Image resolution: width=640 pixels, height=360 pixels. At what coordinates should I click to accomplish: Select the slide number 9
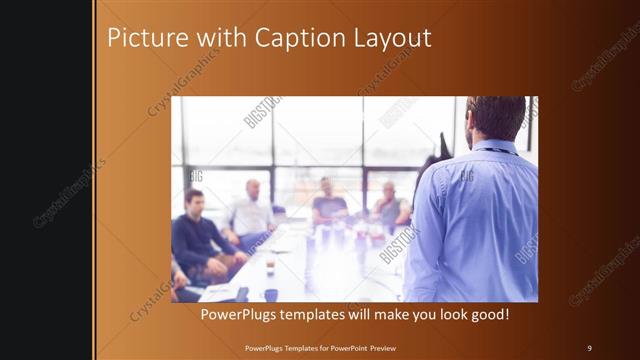(589, 347)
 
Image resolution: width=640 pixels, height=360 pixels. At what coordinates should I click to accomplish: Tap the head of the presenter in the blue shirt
(494, 118)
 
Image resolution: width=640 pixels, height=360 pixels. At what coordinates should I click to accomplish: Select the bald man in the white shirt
(251, 211)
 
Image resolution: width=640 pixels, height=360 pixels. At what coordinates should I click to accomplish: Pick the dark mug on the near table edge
(271, 294)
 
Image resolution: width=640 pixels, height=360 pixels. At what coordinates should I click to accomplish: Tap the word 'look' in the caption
(444, 315)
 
